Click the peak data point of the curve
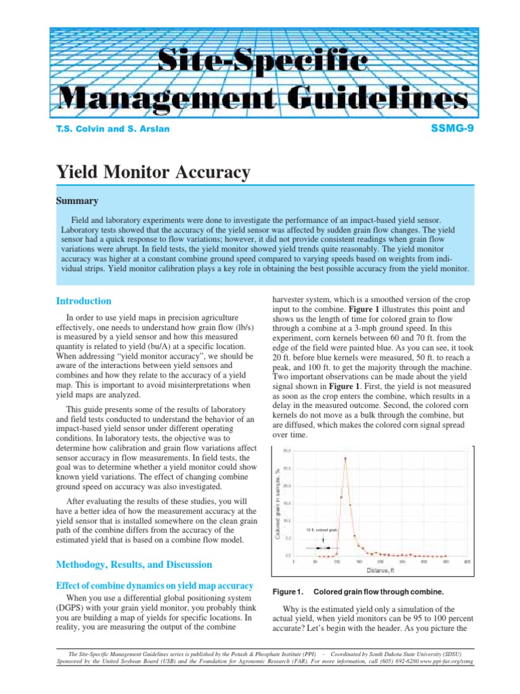tap(346, 458)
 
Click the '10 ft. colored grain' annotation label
tap(321, 529)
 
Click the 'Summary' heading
tap(77, 201)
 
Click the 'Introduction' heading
tap(83, 301)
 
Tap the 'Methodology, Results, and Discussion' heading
tap(134, 565)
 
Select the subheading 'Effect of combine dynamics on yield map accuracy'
tap(154, 586)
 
